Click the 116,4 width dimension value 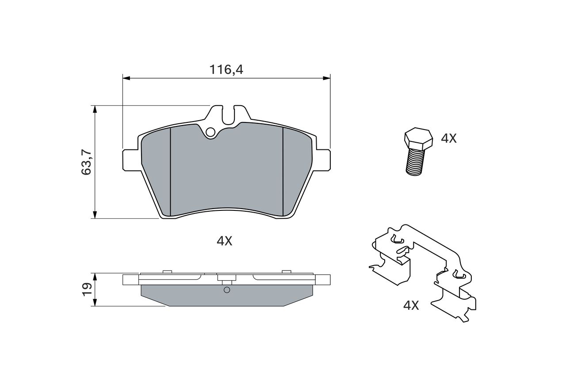pyautogui.click(x=226, y=69)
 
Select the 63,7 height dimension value pyautogui.click(x=86, y=162)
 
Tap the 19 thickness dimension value pyautogui.click(x=86, y=289)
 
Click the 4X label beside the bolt pyautogui.click(x=449, y=139)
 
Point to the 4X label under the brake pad pyautogui.click(x=224, y=241)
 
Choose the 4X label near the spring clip pyautogui.click(x=411, y=305)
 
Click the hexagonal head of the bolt pyautogui.click(x=418, y=138)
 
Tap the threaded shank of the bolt pyautogui.click(x=415, y=162)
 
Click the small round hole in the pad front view pyautogui.click(x=210, y=132)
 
